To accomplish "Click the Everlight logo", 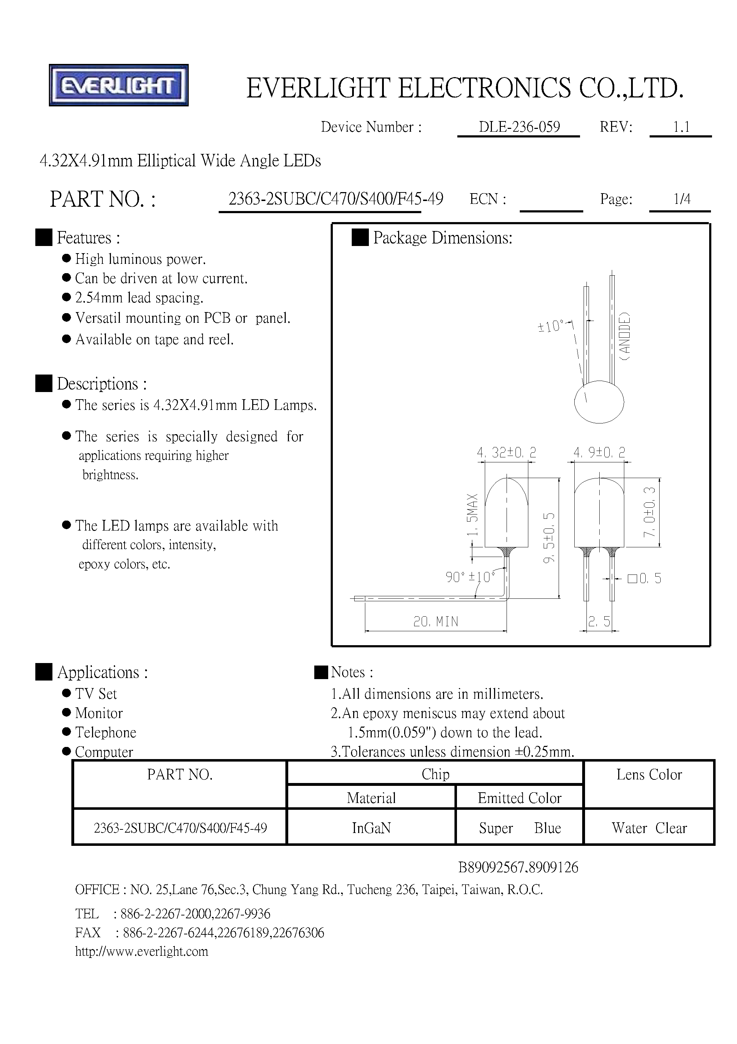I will [x=118, y=85].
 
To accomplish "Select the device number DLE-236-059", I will [x=519, y=127].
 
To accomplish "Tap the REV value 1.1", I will [x=681, y=127].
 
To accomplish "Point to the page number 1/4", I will [x=682, y=199].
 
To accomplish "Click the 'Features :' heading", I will [x=88, y=238].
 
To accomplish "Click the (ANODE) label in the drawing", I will [x=625, y=336].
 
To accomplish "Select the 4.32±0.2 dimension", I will [x=506, y=452].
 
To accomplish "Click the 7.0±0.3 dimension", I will [x=650, y=512].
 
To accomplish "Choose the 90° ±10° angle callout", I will [x=470, y=577].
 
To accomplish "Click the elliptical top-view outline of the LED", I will [x=599, y=402].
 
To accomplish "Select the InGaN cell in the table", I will [x=371, y=828].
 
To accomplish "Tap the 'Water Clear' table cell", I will [x=649, y=828].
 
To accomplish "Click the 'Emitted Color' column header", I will [x=519, y=798].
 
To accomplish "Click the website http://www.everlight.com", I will [x=142, y=952].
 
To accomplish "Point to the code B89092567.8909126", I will [x=518, y=868].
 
